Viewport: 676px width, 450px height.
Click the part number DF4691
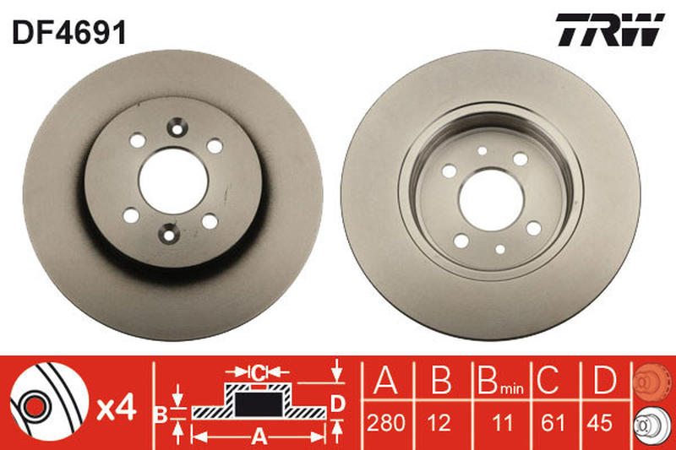[69, 33]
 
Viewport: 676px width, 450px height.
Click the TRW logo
[610, 30]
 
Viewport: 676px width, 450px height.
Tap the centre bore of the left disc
[174, 181]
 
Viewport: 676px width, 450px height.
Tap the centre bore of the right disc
[492, 200]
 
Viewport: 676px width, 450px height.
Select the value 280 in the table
[386, 423]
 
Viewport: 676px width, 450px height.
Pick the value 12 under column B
[439, 423]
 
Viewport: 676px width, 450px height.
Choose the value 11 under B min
[502, 423]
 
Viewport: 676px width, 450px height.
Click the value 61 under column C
[553, 423]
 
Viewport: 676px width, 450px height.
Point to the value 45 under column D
[600, 423]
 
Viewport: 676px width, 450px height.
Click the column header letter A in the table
[385, 380]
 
